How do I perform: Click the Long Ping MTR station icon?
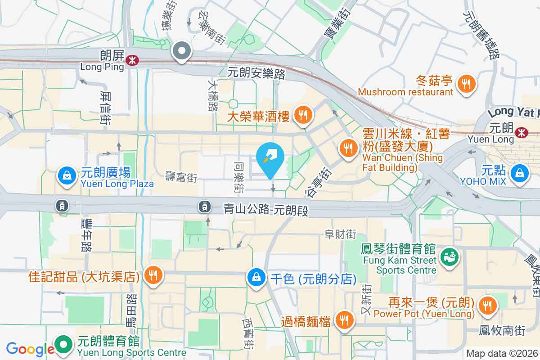132,60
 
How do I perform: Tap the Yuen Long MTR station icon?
522,132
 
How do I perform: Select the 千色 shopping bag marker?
256,277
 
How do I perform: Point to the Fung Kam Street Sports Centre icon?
449,256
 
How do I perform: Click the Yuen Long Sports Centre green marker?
64,345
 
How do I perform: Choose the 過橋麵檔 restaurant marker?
345,320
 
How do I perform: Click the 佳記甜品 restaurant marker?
153,275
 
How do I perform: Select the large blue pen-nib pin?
270,159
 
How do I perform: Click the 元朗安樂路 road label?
256,72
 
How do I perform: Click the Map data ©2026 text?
502,353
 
